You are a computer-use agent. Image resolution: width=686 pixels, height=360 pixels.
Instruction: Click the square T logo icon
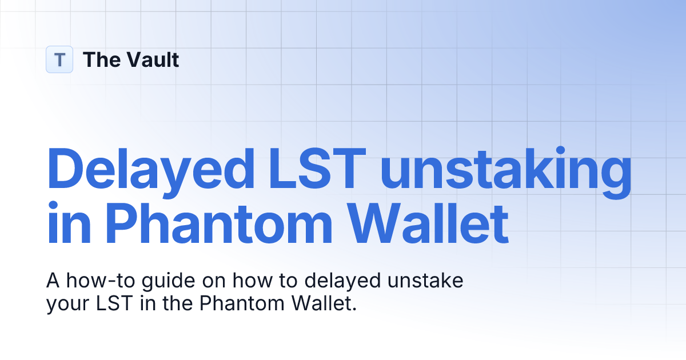coord(59,59)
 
